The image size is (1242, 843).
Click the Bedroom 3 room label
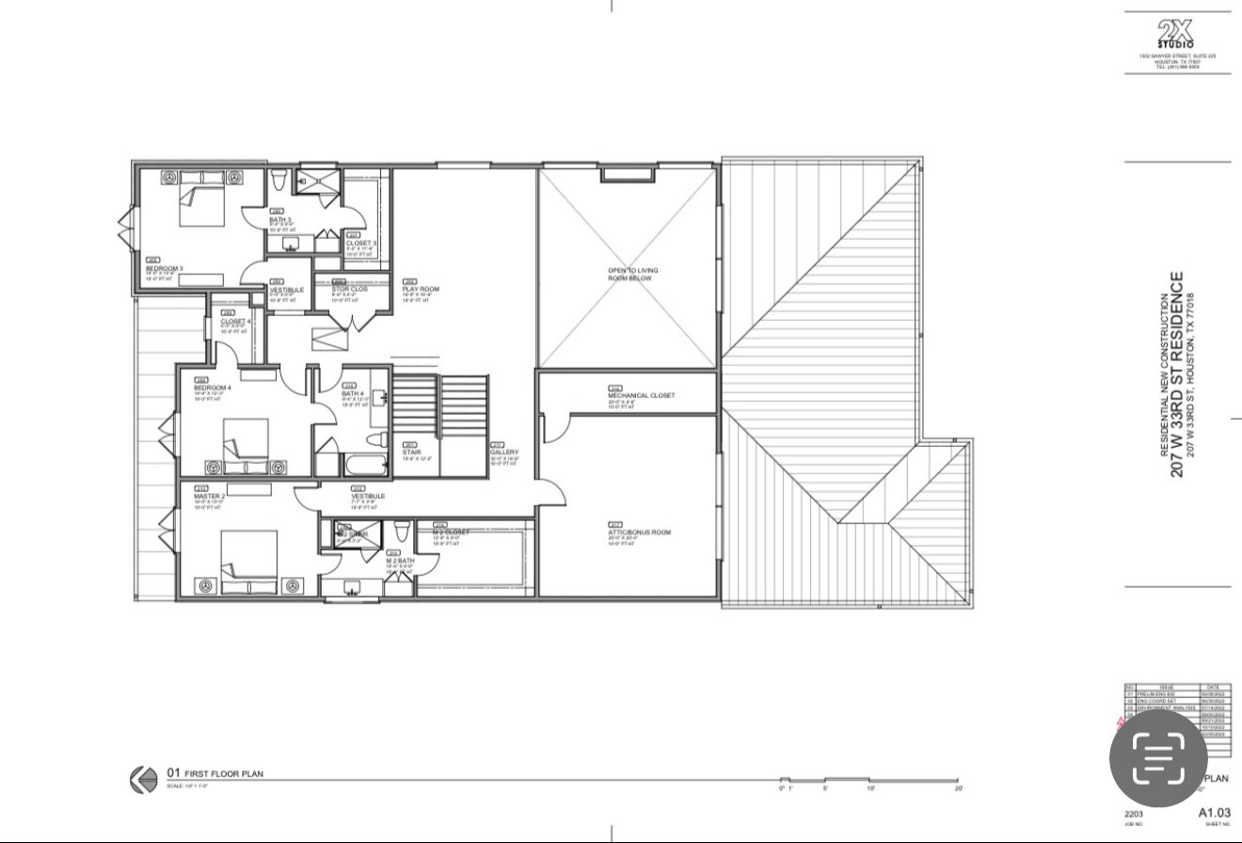click(x=164, y=268)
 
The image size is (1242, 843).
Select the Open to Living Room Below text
click(x=632, y=275)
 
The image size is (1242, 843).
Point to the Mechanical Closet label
click(x=641, y=396)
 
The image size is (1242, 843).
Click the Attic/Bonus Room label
click(x=640, y=533)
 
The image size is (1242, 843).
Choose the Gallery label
click(x=504, y=453)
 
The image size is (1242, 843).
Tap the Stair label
click(x=411, y=453)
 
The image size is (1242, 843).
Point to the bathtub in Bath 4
click(x=364, y=465)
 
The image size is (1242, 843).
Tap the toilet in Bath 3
click(x=279, y=180)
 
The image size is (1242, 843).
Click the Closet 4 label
click(x=235, y=322)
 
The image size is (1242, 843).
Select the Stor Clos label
click(x=349, y=290)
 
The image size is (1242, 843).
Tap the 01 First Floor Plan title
click(x=215, y=774)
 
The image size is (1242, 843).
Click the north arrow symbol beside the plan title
click(x=144, y=780)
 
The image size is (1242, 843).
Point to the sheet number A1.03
click(x=1214, y=812)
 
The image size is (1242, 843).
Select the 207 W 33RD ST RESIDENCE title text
click(x=1176, y=374)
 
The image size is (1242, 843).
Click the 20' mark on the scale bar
click(x=958, y=788)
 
